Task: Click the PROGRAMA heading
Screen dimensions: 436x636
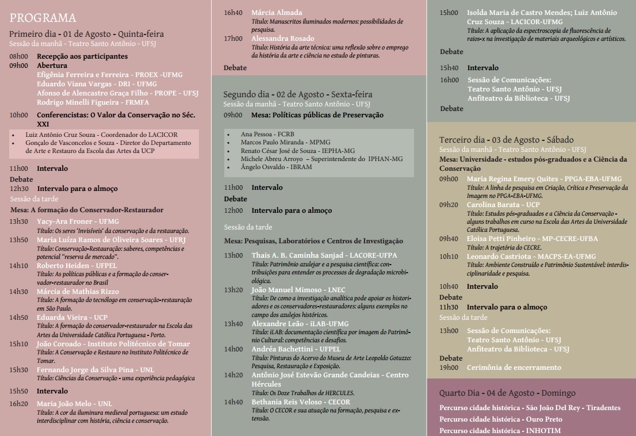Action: pos(43,18)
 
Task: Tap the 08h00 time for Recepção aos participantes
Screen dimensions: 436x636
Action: pos(18,56)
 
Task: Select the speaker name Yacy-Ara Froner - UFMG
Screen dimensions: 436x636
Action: pos(78,221)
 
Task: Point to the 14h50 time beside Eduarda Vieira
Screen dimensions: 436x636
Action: pos(18,317)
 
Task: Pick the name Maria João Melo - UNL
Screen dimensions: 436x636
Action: pos(74,403)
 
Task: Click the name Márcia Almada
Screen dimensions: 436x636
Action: pos(277,12)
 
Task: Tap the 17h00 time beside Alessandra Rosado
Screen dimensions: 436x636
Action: pos(233,38)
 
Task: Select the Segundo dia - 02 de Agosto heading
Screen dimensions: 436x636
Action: pos(297,94)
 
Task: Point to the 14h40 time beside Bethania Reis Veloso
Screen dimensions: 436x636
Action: pos(233,401)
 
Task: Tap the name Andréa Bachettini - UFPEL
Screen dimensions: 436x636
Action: pos(296,349)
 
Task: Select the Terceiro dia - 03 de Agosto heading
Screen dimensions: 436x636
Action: pos(506,140)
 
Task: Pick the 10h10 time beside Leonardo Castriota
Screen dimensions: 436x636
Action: pos(449,256)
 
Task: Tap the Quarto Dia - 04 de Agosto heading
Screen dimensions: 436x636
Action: pos(507,393)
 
